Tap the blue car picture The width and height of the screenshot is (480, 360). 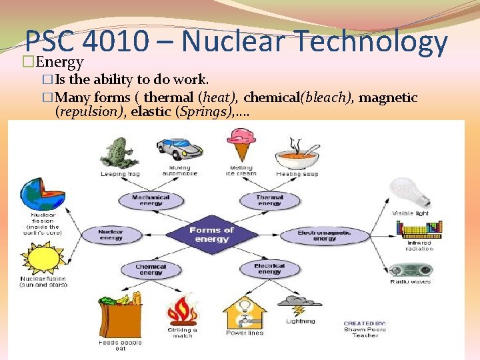click(x=178, y=149)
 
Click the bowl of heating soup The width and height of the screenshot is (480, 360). click(x=297, y=155)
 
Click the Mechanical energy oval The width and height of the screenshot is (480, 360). click(x=151, y=201)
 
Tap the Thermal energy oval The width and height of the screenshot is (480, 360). click(x=269, y=201)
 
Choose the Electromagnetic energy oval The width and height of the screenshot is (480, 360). click(x=325, y=235)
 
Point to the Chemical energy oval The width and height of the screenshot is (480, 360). click(x=151, y=269)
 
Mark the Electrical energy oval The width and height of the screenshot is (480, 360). click(x=269, y=269)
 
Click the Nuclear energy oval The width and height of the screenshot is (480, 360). click(x=111, y=235)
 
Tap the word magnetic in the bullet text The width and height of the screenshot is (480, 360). click(x=389, y=98)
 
